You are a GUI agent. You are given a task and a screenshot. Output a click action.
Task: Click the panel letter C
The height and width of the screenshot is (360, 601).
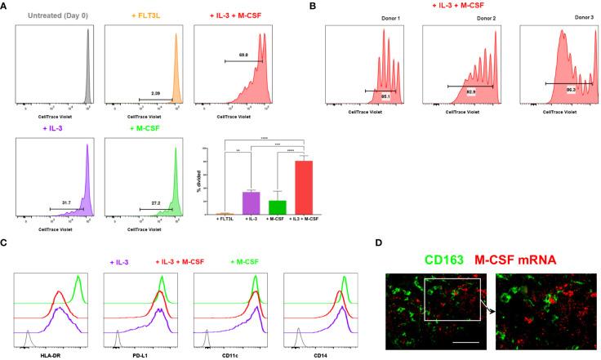pyautogui.click(x=6, y=242)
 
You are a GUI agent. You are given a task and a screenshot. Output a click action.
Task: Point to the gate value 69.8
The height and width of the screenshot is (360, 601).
pyautogui.click(x=243, y=53)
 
